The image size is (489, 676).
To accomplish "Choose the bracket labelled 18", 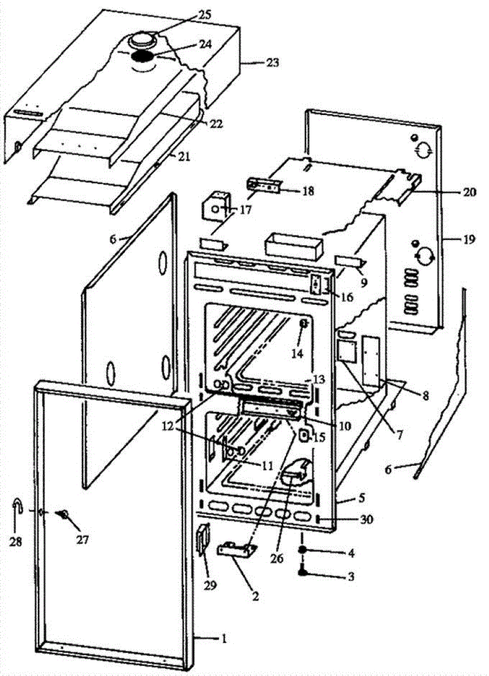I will pyautogui.click(x=264, y=185).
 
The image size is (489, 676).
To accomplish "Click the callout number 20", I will pyautogui.click(x=469, y=192).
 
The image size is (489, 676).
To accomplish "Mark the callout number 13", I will pyautogui.click(x=319, y=380).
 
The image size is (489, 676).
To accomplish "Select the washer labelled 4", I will pyautogui.click(x=303, y=550).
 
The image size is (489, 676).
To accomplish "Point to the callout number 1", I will pyautogui.click(x=224, y=638).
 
